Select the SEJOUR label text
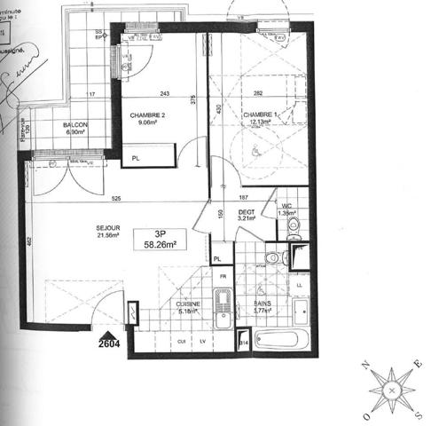click(x=108, y=227)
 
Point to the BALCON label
click(x=74, y=125)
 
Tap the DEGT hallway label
click(x=247, y=213)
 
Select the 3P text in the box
click(x=161, y=233)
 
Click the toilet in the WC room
click(x=294, y=229)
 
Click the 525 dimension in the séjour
click(x=116, y=199)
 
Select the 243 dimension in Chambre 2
click(x=165, y=94)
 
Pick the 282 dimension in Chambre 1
click(x=260, y=94)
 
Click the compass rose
click(x=391, y=390)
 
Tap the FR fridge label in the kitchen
click(x=224, y=277)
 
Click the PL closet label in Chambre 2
click(x=136, y=159)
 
